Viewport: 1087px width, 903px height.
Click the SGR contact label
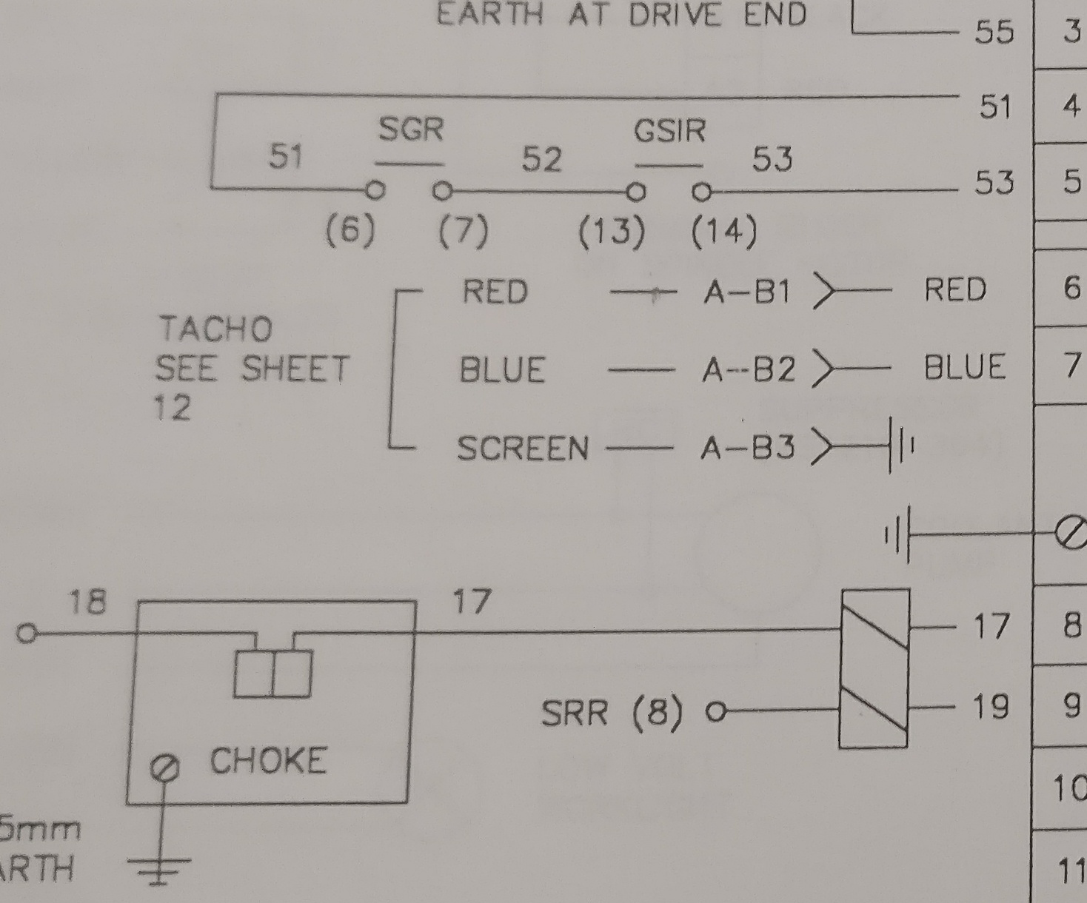click(411, 130)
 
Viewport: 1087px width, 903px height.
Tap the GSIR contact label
click(669, 132)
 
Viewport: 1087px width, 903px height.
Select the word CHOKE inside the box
click(268, 761)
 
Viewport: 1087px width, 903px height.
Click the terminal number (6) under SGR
click(350, 231)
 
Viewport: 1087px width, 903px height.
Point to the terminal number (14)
click(723, 232)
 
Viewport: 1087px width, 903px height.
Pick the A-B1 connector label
click(747, 292)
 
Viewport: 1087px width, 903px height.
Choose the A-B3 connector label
click(748, 448)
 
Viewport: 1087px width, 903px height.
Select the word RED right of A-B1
click(955, 289)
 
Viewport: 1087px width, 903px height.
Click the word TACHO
click(215, 329)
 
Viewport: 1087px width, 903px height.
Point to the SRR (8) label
click(612, 714)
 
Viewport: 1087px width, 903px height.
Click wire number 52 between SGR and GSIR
click(542, 159)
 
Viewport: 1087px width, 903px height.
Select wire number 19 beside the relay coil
click(990, 707)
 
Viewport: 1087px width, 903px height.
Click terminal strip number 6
click(1071, 287)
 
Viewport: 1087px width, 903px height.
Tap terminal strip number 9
click(1071, 705)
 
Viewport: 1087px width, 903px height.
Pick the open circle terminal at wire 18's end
click(27, 634)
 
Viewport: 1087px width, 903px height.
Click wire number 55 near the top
click(993, 32)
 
